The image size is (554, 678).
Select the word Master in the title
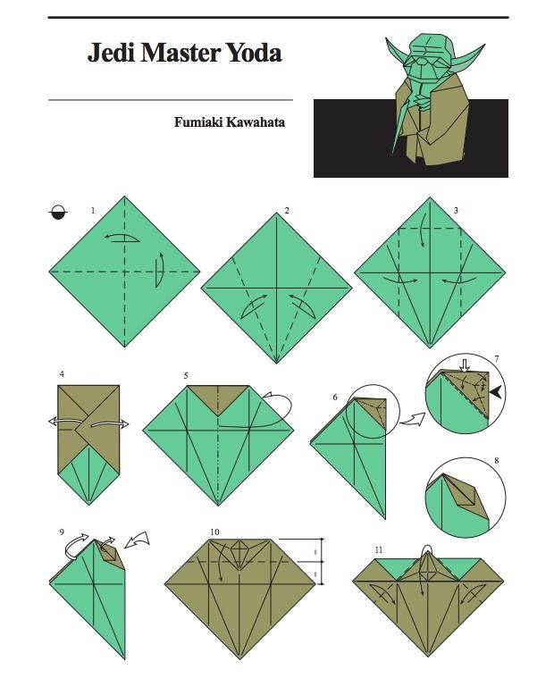coord(181,53)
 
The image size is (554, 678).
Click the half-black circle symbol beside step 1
coord(58,213)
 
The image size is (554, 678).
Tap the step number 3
coord(456,211)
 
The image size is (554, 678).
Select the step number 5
coord(186,376)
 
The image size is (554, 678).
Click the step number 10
coord(215,532)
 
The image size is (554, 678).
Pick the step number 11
coord(379,550)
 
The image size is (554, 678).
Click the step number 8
coord(497,461)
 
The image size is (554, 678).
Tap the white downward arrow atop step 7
coord(465,365)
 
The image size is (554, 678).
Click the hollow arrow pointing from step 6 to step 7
coord(412,420)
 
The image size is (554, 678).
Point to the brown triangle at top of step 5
coord(218,398)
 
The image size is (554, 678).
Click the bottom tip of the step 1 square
coord(124,347)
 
